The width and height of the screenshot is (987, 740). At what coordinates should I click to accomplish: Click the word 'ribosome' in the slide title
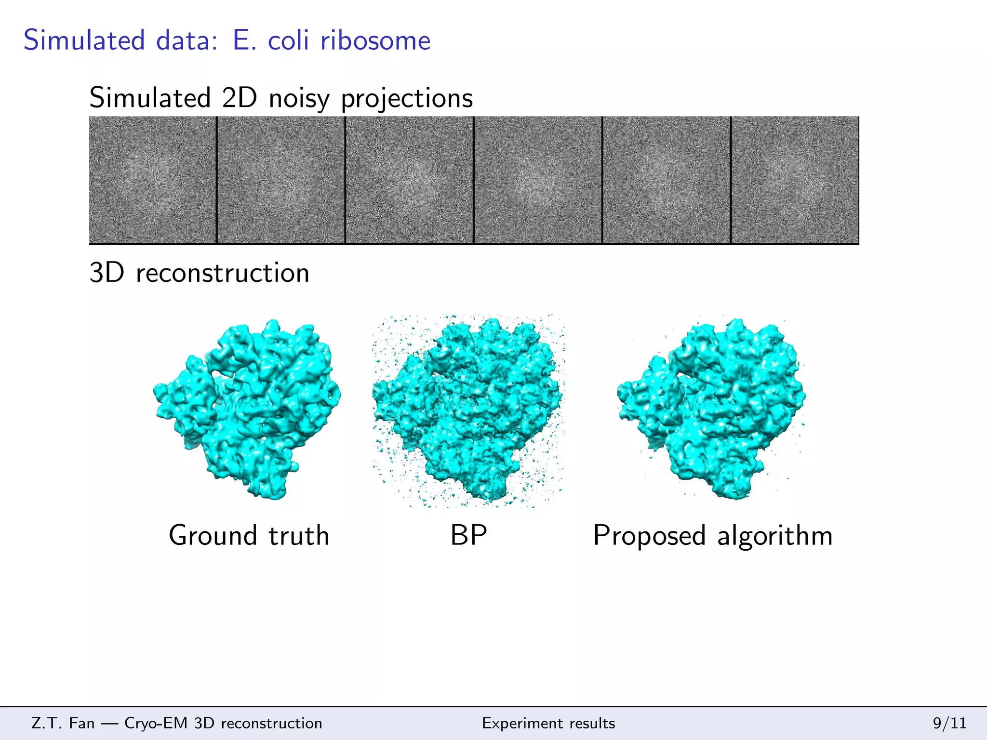pyautogui.click(x=375, y=40)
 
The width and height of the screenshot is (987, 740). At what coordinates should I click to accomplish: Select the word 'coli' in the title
pyautogui.click(x=288, y=40)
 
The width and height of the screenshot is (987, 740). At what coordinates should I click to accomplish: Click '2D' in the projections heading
pyautogui.click(x=240, y=98)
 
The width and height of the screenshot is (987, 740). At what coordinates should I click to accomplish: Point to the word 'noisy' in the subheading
pyautogui.click(x=299, y=99)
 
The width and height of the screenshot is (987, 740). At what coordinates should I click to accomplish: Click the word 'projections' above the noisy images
pyautogui.click(x=407, y=99)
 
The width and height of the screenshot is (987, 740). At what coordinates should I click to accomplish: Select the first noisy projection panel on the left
pyautogui.click(x=153, y=180)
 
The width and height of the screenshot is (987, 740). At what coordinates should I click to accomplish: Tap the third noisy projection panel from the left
pyautogui.click(x=410, y=180)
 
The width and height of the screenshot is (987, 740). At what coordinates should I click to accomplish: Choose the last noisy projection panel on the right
pyautogui.click(x=795, y=180)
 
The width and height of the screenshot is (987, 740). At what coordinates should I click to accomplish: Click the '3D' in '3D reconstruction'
pyautogui.click(x=107, y=273)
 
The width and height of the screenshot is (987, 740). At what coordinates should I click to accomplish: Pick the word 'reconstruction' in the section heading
pyautogui.click(x=223, y=273)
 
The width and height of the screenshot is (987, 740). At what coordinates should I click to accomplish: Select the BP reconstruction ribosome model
pyautogui.click(x=467, y=410)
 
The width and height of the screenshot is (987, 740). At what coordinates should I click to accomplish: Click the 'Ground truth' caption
pyautogui.click(x=249, y=535)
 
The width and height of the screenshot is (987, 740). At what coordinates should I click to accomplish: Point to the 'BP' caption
pyautogui.click(x=468, y=535)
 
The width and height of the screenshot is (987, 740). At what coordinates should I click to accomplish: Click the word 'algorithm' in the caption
pyautogui.click(x=775, y=535)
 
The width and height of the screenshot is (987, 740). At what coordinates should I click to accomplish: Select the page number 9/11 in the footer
pyautogui.click(x=950, y=723)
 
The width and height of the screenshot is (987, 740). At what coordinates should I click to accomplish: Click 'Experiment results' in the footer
pyautogui.click(x=548, y=723)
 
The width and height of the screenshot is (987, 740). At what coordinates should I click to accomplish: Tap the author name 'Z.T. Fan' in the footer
pyautogui.click(x=63, y=723)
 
